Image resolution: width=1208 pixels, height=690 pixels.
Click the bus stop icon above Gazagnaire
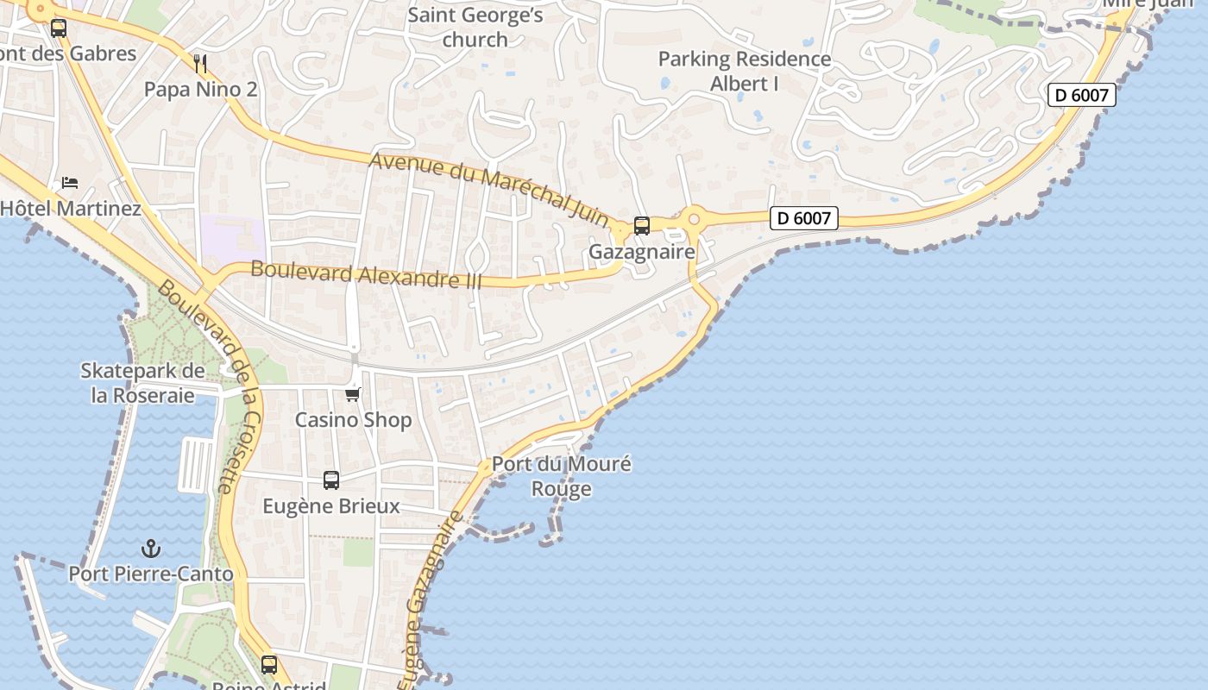coord(641,226)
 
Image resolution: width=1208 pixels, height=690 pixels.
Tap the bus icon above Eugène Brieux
coord(331,480)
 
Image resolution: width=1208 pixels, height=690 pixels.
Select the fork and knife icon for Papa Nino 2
coord(200,63)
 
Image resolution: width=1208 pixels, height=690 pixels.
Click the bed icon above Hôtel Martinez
coord(70,183)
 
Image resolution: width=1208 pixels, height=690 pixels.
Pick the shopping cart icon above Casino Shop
coord(352,394)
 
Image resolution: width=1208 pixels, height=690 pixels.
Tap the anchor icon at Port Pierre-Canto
coord(151,549)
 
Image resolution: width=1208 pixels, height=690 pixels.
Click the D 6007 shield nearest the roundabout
coord(803,218)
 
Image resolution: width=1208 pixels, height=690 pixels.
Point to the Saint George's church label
coord(475,28)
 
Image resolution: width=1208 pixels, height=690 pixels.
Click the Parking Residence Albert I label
coord(745,72)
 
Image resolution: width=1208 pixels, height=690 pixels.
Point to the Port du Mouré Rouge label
coord(561,476)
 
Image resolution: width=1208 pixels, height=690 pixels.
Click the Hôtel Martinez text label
coord(71,208)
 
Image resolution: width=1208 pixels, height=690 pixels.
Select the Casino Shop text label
coord(353,420)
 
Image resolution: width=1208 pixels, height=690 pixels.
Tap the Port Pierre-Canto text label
coord(151,574)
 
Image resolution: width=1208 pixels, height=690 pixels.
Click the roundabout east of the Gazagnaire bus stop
coord(694,219)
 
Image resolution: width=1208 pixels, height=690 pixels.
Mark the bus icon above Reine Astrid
coord(269,664)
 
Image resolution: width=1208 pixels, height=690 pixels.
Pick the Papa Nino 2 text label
coord(200,89)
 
